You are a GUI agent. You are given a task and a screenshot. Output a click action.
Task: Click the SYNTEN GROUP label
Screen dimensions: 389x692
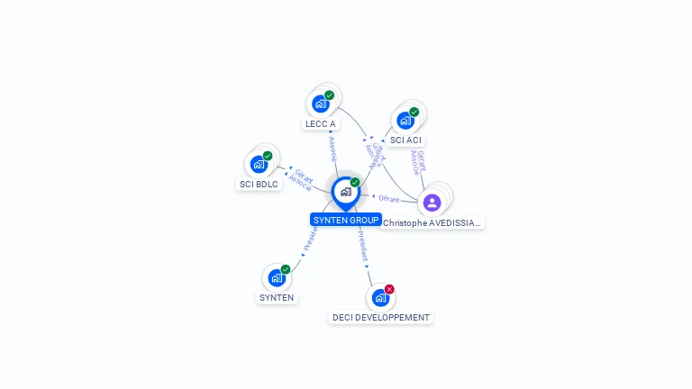(346, 220)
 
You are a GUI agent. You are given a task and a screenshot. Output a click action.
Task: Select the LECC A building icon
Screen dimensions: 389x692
(320, 104)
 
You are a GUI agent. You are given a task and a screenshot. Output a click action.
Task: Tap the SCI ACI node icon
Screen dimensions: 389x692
(405, 120)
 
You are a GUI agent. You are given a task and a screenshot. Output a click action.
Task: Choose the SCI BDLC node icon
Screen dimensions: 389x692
(259, 164)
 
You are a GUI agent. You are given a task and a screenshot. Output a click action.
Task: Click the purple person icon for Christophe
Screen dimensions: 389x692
(432, 202)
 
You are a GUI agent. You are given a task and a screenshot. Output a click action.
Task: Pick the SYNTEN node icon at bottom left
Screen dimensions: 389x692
(277, 277)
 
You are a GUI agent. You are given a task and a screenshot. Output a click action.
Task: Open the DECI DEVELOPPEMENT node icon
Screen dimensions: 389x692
(380, 297)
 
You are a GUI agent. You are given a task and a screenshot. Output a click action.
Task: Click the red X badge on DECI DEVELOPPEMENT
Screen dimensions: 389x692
(389, 289)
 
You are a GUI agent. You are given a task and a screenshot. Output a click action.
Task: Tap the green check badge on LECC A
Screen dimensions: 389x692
(330, 95)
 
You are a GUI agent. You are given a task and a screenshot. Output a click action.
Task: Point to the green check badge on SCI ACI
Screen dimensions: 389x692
(414, 112)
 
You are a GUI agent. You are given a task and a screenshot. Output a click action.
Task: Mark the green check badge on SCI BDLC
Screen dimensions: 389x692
(268, 156)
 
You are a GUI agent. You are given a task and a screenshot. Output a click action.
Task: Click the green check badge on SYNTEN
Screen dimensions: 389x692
(286, 269)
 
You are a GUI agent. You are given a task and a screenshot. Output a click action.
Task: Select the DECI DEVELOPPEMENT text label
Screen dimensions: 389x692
(381, 317)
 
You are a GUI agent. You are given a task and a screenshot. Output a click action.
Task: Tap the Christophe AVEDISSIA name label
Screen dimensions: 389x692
(432, 222)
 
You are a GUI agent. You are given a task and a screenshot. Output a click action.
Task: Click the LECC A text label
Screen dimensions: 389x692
(320, 123)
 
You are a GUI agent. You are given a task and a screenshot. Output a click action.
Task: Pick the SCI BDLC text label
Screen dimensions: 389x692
(259, 184)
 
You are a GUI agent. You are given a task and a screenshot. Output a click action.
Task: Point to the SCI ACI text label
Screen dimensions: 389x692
(405, 140)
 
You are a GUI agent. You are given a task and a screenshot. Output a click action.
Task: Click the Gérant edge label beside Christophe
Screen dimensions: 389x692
(388, 198)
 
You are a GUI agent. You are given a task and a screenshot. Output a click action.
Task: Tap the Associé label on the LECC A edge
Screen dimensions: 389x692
(332, 148)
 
